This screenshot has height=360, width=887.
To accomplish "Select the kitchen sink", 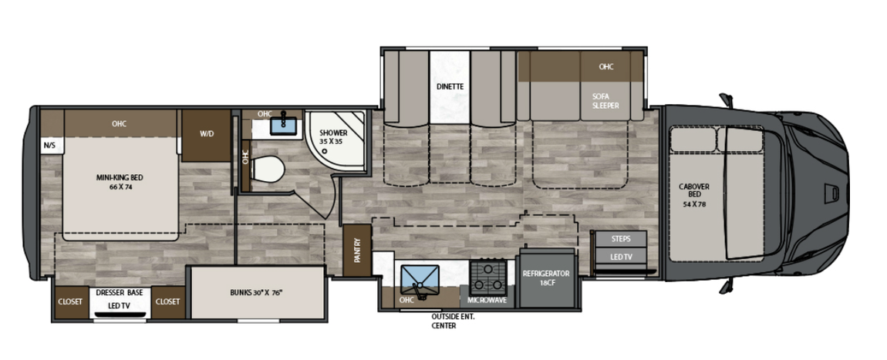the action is (x=420, y=278).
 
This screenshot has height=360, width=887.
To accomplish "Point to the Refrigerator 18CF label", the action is (x=545, y=278).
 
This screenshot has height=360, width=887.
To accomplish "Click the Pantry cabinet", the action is (x=358, y=251).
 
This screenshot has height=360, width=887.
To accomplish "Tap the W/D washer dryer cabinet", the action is (x=207, y=136).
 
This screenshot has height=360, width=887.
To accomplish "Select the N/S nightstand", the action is (x=50, y=145).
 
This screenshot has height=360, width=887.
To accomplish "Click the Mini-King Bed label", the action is (x=120, y=182).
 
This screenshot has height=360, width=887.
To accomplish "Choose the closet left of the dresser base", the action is (x=70, y=301).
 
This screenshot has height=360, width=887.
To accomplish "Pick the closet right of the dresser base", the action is (x=167, y=301).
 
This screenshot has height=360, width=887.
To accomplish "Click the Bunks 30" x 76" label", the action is (x=256, y=293).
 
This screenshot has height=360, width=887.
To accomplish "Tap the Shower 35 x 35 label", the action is (x=333, y=136).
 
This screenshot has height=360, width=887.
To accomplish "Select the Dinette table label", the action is (x=450, y=86).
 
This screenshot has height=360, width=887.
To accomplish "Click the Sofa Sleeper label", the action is (x=605, y=101).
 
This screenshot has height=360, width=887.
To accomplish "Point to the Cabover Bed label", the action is (x=694, y=195).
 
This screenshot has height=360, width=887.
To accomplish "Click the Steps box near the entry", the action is (x=621, y=238).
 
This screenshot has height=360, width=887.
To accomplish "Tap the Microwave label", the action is (x=487, y=300).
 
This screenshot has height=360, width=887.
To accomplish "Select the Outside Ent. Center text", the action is (x=453, y=321).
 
